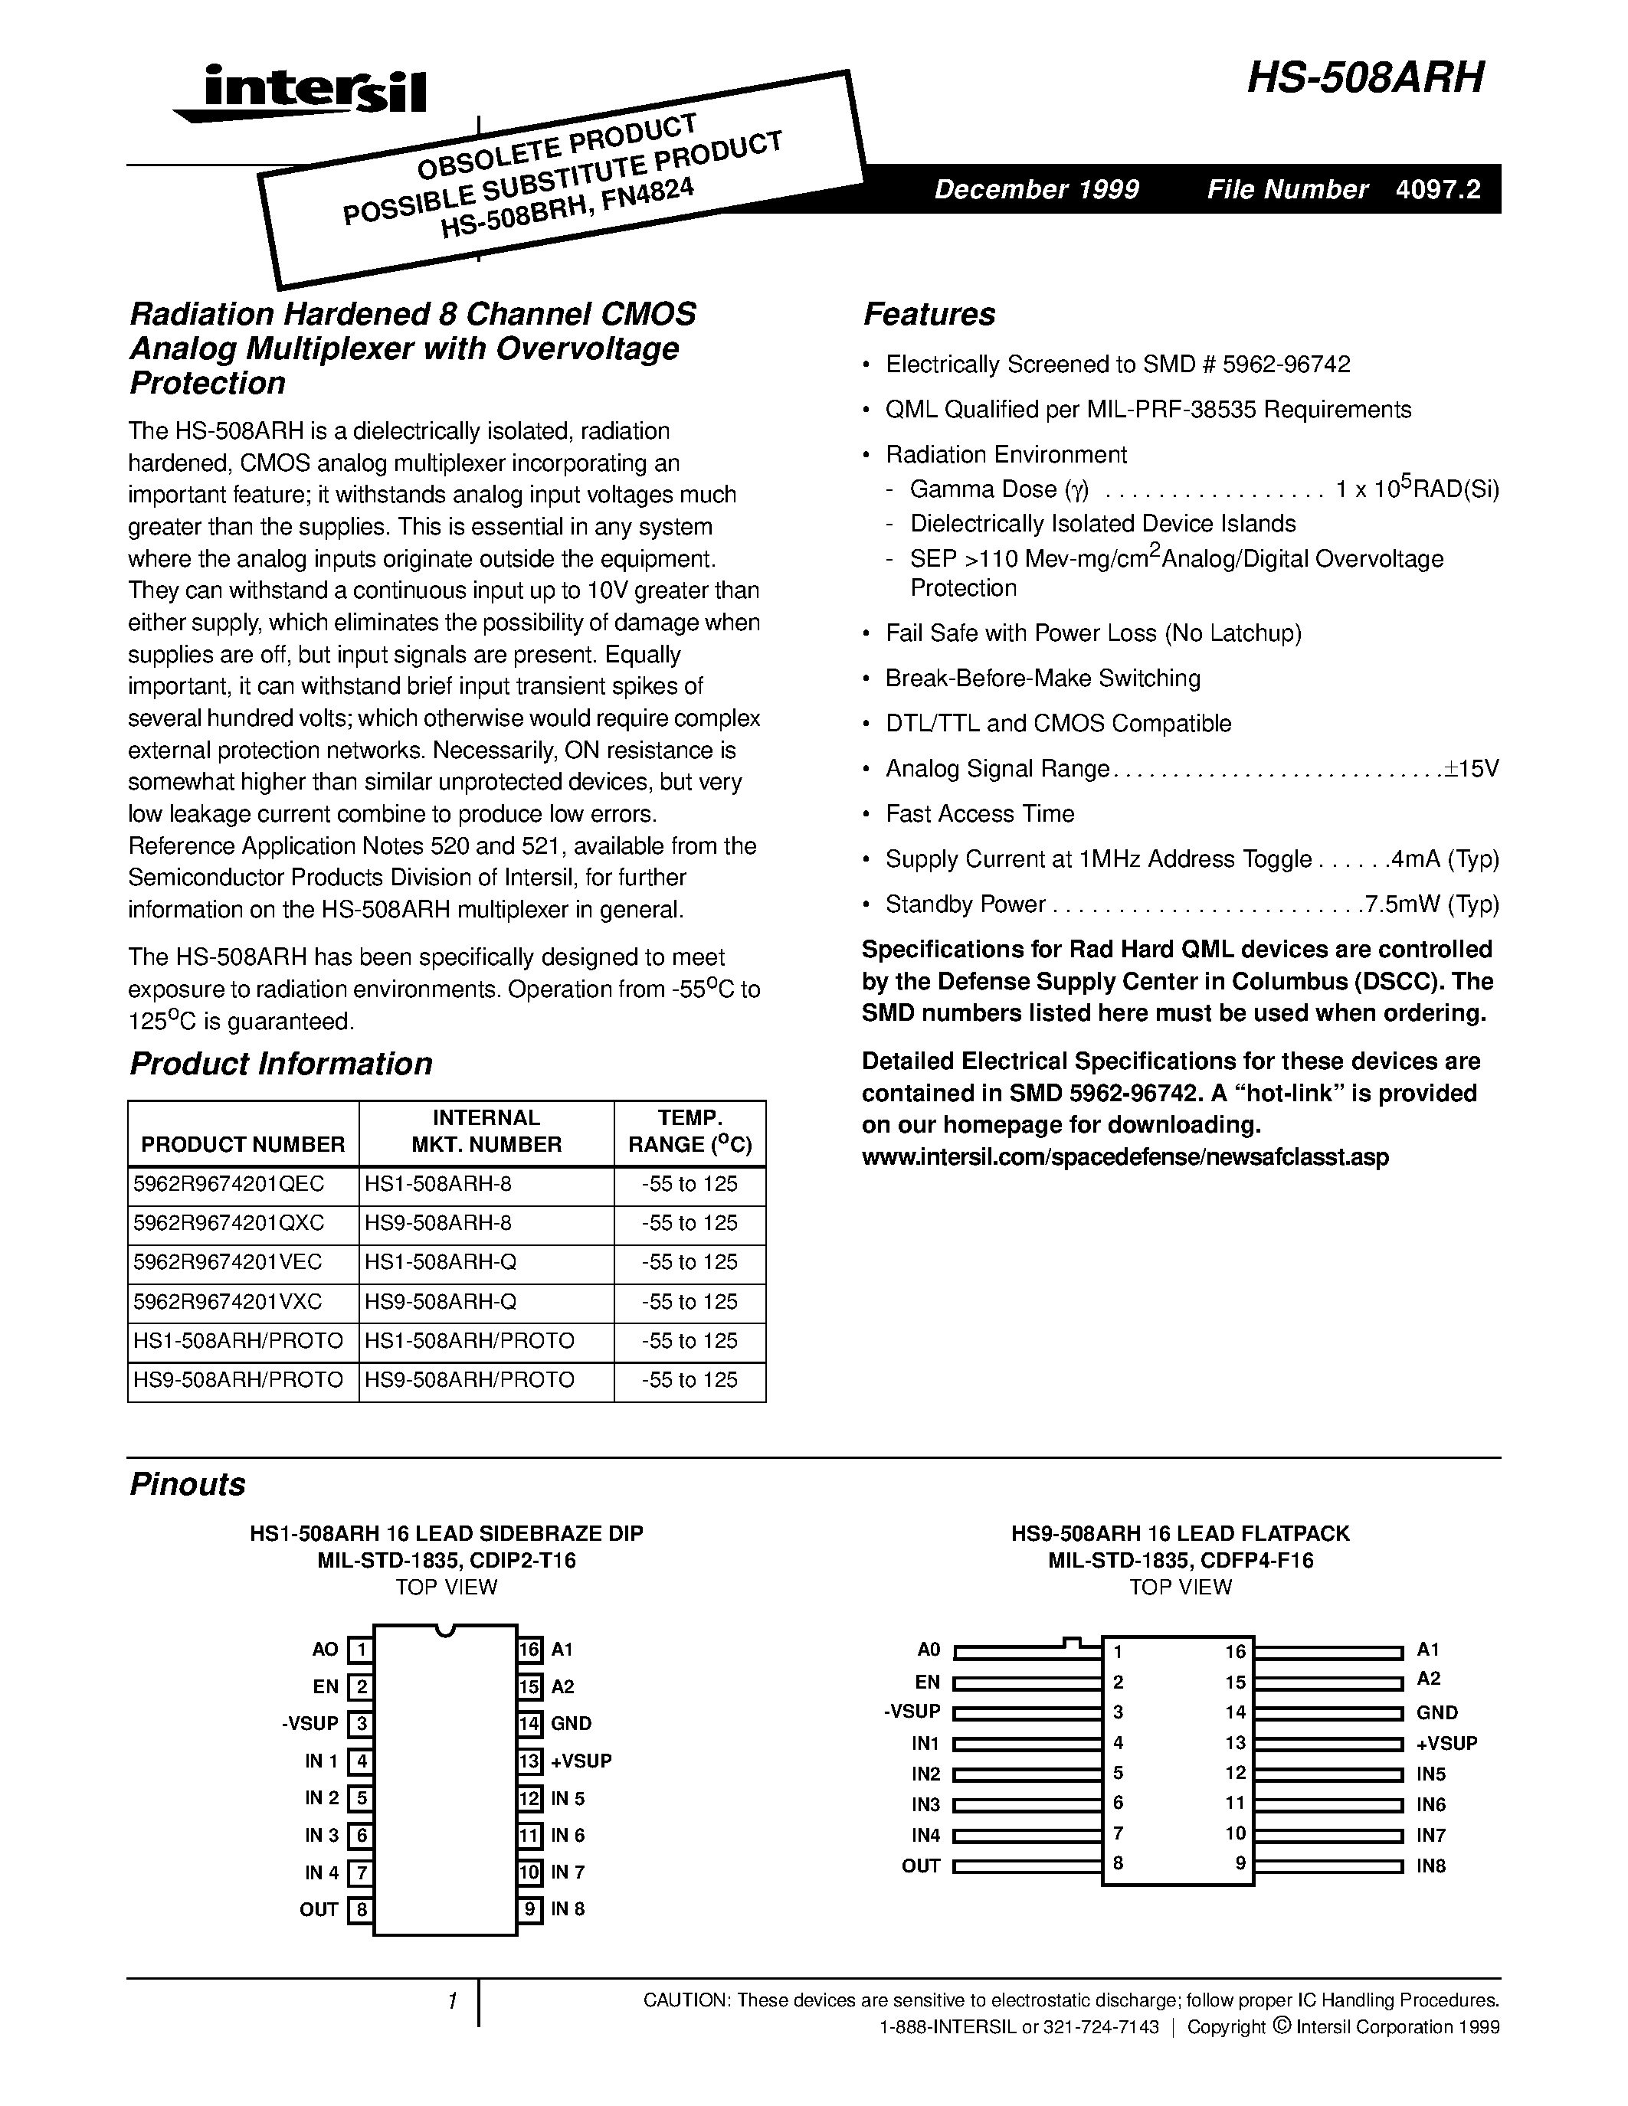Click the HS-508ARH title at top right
click(1364, 78)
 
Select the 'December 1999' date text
click(1036, 189)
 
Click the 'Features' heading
click(929, 314)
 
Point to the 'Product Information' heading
click(280, 1064)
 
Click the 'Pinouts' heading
click(187, 1484)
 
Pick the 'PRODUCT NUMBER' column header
click(243, 1145)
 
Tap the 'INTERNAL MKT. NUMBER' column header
click(486, 1131)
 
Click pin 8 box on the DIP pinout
click(360, 1909)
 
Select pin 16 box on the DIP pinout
click(529, 1650)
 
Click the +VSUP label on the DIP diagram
click(581, 1761)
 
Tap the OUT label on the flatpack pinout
click(920, 1866)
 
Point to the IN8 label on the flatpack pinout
click(1431, 1866)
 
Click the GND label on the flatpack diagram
click(1437, 1712)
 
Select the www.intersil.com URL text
click(1125, 1157)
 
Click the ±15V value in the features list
click(1472, 769)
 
